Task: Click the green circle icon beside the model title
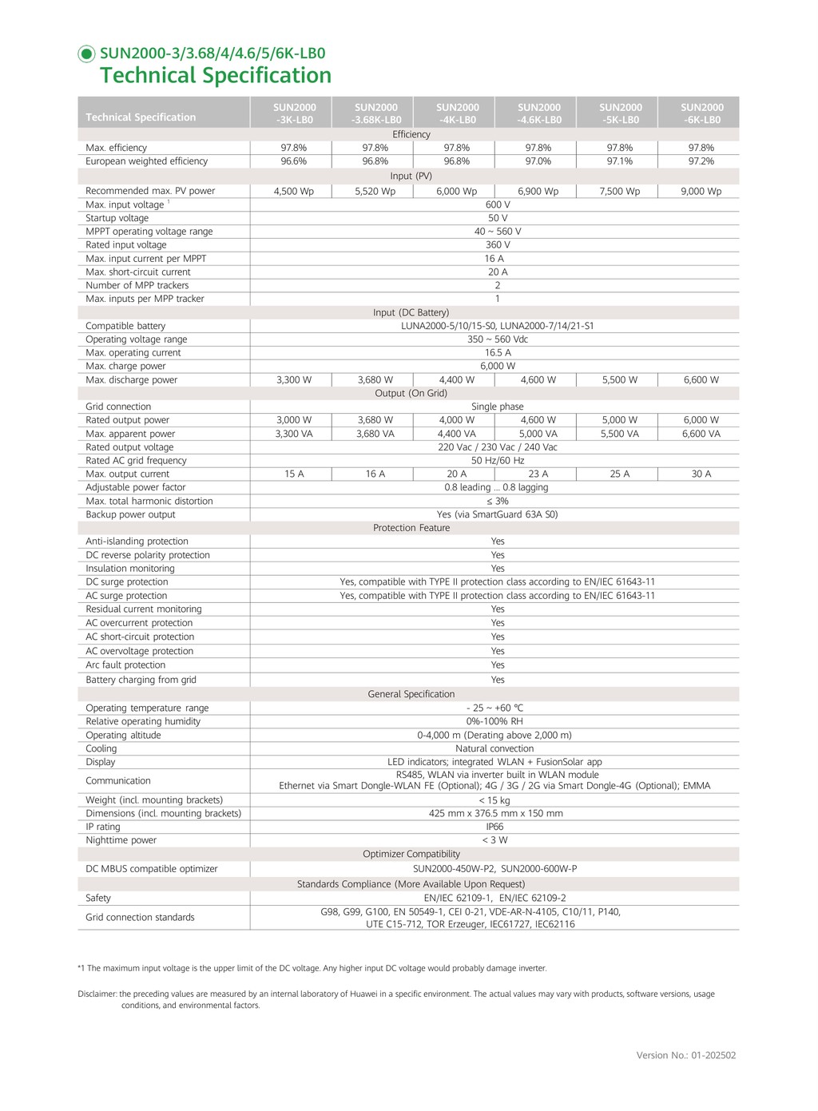click(86, 54)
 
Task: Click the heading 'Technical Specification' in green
click(215, 76)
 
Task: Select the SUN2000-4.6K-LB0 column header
click(539, 113)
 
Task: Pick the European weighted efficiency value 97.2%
click(701, 161)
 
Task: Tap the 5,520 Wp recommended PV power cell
click(375, 192)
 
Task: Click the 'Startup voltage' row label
click(117, 218)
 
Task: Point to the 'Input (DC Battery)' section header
click(411, 312)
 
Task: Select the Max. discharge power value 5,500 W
click(619, 380)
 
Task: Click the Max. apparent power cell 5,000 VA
click(538, 434)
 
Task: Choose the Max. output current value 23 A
click(538, 474)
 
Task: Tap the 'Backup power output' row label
click(130, 514)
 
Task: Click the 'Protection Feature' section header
click(411, 528)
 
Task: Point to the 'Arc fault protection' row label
click(125, 665)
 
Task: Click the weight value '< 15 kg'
click(494, 800)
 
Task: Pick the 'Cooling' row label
click(101, 748)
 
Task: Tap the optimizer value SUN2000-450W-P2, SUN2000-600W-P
click(494, 869)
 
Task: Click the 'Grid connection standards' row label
click(140, 918)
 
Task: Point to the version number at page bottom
click(685, 1055)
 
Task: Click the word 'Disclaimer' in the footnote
click(97, 994)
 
